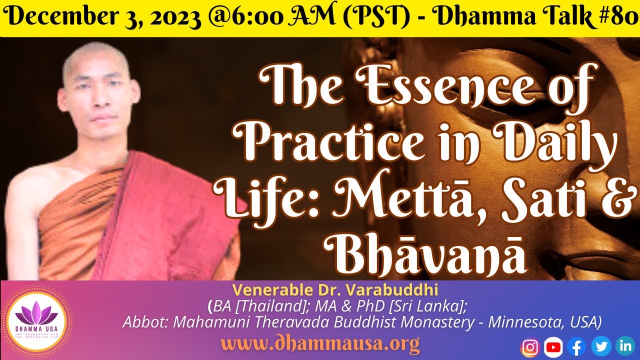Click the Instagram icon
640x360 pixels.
(530, 346)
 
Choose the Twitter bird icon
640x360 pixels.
(601, 346)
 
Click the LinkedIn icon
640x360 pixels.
(625, 346)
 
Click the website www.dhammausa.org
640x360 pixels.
(320, 344)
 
